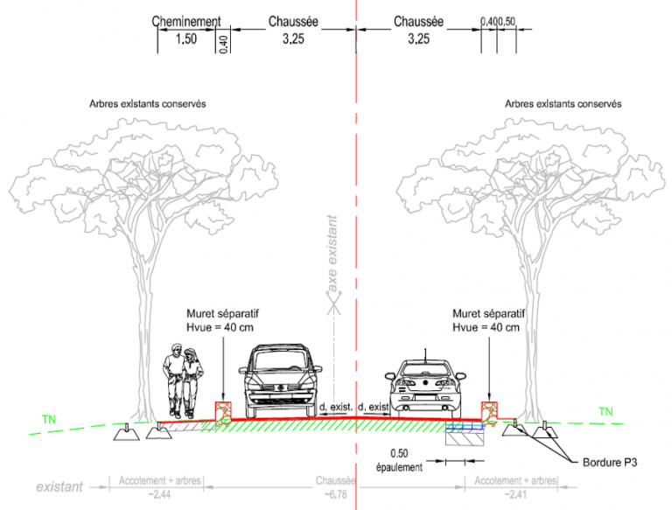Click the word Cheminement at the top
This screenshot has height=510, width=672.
[x=185, y=21]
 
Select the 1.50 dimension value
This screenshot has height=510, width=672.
[x=185, y=39]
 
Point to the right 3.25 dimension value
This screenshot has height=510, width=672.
[x=418, y=39]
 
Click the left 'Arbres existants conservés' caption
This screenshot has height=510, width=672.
[x=147, y=102]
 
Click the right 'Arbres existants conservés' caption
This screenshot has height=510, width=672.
[x=563, y=102]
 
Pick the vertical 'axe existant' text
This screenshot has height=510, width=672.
[x=332, y=254]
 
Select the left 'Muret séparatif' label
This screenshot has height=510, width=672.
[x=222, y=312]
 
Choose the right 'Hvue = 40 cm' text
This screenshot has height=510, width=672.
[x=486, y=327]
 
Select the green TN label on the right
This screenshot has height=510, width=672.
[x=605, y=411]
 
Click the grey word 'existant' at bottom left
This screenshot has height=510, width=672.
[x=59, y=486]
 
